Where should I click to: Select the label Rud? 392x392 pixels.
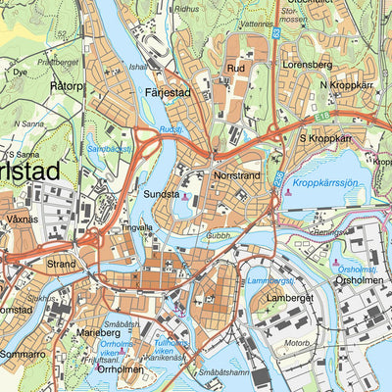pyautogui.click(x=235, y=69)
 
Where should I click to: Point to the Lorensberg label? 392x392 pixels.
pyautogui.click(x=307, y=64)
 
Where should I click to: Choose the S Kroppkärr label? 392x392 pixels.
pyautogui.click(x=325, y=139)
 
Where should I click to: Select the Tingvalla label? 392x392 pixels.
pyautogui.click(x=136, y=227)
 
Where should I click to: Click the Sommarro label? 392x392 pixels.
pyautogui.click(x=23, y=351)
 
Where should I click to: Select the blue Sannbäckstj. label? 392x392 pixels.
pyautogui.click(x=109, y=148)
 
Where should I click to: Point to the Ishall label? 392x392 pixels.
pyautogui.click(x=137, y=67)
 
